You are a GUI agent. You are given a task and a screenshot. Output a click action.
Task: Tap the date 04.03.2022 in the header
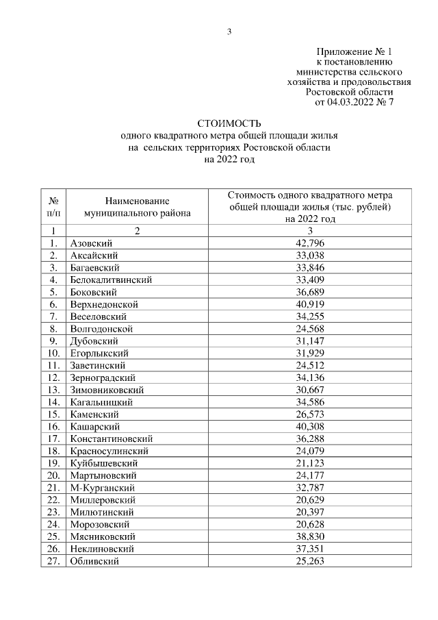coord(346,102)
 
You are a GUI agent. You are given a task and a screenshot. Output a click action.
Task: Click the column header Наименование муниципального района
coord(137,206)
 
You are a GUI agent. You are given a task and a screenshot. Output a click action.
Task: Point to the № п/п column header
coord(53,206)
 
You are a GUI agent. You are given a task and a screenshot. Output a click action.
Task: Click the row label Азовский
coord(91,243)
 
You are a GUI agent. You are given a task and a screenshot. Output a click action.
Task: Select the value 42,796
coord(310,243)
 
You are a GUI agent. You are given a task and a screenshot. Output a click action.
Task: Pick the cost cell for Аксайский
coord(310,255)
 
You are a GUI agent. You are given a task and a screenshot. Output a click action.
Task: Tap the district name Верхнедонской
coord(104,303)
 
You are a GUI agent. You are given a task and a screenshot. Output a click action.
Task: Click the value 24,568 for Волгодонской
coord(310,328)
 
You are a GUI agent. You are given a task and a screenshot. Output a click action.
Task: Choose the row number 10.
coord(53,353)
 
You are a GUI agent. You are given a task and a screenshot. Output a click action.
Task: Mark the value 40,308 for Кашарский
coord(310,426)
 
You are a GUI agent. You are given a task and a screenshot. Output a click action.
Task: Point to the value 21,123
coord(310,462)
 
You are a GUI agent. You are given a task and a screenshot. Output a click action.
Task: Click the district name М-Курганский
coord(102,487)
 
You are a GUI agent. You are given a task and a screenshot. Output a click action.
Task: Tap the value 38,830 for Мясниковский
coord(310,536)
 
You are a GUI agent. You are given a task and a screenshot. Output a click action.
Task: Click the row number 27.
coord(53,560)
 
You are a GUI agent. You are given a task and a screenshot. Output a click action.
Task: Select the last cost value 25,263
coord(310,560)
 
